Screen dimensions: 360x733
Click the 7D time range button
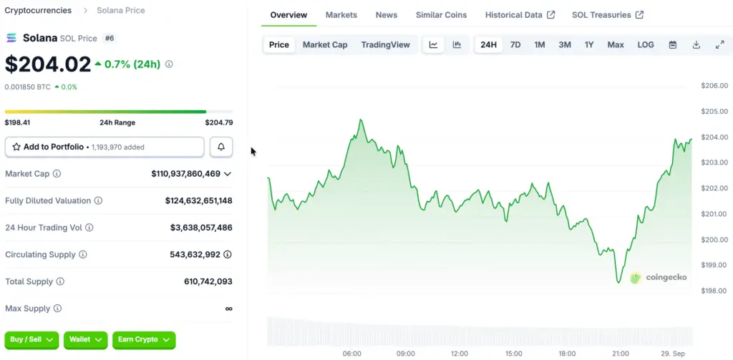(515, 44)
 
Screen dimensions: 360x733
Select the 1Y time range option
(589, 44)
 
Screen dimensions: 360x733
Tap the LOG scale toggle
(646, 44)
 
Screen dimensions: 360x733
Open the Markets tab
(341, 15)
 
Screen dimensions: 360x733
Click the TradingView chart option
(385, 44)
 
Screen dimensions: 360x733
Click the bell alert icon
(221, 147)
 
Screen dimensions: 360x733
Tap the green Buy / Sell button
(31, 340)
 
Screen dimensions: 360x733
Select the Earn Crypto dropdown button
(144, 340)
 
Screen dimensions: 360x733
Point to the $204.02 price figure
(48, 64)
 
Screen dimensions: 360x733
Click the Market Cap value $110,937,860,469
(186, 174)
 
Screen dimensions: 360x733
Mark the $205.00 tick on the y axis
(714, 112)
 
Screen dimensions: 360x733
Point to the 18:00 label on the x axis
(567, 354)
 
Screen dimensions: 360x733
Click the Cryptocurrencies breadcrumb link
(38, 11)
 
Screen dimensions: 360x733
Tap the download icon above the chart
(696, 44)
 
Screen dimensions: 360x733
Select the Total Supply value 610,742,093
(208, 282)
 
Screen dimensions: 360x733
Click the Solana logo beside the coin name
(12, 37)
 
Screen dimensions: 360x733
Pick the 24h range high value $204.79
(218, 123)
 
